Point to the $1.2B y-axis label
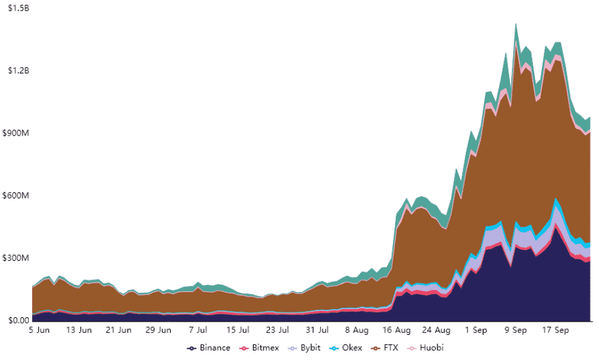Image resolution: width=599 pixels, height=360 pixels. (16, 70)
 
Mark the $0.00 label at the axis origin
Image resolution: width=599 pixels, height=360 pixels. (15, 320)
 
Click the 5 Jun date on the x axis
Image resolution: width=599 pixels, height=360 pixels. (39, 330)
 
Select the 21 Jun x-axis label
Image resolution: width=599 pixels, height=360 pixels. (118, 330)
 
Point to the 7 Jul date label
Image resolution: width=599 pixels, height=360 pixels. (198, 330)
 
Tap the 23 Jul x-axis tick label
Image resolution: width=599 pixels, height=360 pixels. (277, 330)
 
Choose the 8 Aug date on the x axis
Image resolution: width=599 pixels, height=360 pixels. (356, 330)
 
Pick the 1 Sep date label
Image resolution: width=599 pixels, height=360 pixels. (476, 330)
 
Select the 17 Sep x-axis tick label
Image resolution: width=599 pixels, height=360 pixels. (555, 330)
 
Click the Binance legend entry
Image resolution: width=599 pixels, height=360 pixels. (209, 347)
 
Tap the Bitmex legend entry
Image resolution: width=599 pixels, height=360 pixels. (261, 347)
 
